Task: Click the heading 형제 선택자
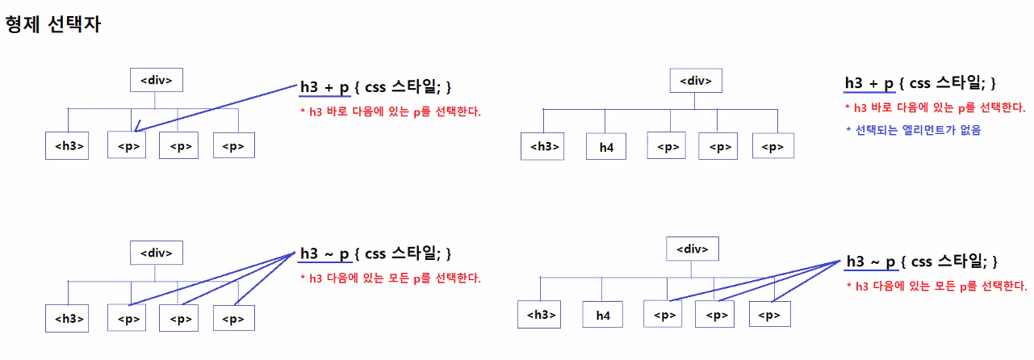point(52,24)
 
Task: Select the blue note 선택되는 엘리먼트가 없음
point(919,129)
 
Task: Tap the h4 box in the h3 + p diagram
point(606,148)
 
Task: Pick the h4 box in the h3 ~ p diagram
point(603,316)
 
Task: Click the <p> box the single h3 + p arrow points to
point(128,146)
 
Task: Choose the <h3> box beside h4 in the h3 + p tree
point(543,146)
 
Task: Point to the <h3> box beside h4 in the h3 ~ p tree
point(538,314)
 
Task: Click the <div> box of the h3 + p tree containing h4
point(696,81)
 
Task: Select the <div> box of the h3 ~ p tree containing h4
point(693,249)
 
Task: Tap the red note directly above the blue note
point(935,107)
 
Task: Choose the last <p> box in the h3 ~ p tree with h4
point(769,314)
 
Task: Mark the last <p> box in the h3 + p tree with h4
point(772,146)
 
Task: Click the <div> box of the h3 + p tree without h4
point(157,81)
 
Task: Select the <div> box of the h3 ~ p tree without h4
point(157,253)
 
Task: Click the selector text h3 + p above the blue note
point(869,83)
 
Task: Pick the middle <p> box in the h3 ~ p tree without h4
point(178,318)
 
